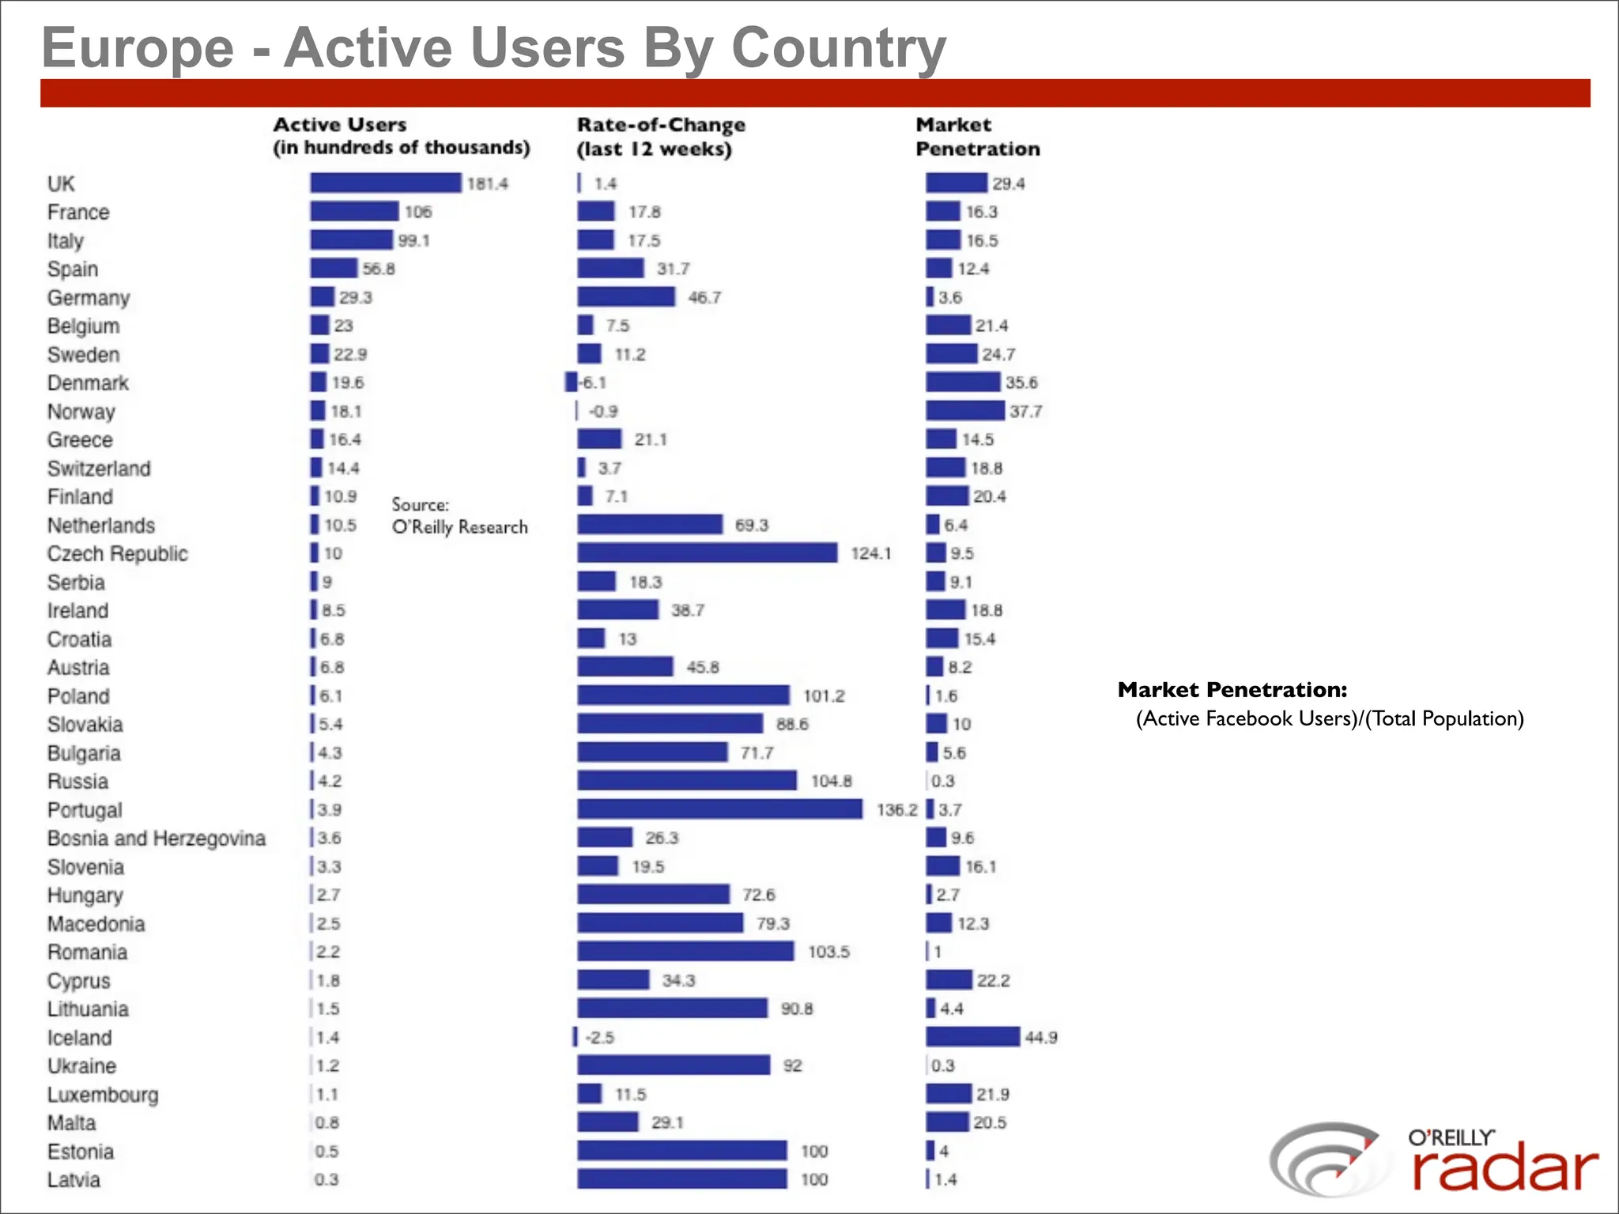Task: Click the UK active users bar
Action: point(385,183)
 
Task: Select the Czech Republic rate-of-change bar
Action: point(707,553)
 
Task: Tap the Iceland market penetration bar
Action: point(972,1037)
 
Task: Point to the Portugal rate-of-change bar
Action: point(719,809)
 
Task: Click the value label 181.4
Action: point(488,184)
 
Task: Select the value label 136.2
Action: point(896,810)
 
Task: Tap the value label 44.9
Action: point(1041,1038)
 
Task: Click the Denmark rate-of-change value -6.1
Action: point(593,383)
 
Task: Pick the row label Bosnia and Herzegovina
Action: point(157,839)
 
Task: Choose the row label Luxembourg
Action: point(103,1095)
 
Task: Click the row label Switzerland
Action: point(99,469)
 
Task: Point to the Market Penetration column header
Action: point(977,137)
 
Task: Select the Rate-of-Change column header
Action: point(661,137)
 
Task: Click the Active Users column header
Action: point(401,136)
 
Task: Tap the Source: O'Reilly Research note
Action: point(459,516)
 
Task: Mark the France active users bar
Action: point(354,212)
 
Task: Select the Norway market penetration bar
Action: point(964,411)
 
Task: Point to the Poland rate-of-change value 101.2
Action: point(824,696)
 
